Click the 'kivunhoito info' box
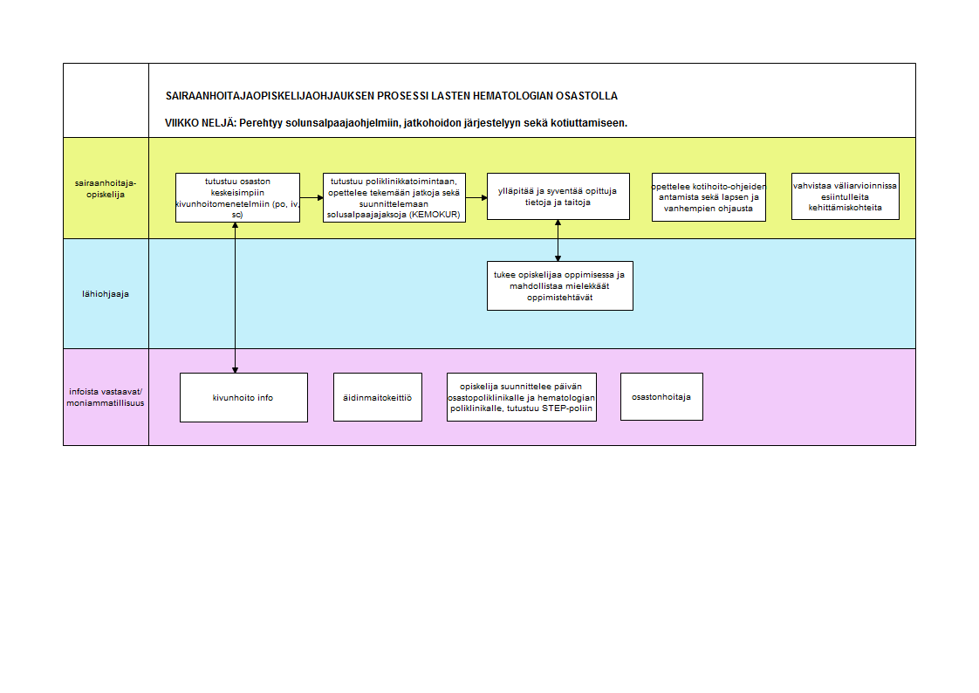[x=243, y=398]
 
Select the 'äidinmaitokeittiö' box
[x=378, y=397]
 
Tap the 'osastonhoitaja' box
[x=661, y=397]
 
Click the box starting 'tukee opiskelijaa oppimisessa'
[x=560, y=286]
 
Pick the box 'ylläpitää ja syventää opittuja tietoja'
[x=558, y=196]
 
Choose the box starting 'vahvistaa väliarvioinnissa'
[x=845, y=196]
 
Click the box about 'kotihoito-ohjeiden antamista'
[x=709, y=197]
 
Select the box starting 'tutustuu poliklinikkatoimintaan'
[x=394, y=198]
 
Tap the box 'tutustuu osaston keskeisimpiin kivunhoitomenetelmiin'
[x=238, y=198]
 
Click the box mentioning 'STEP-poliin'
[x=521, y=397]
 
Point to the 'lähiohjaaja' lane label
[x=106, y=294]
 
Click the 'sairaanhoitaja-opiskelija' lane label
[x=106, y=189]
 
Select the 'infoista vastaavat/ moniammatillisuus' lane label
[x=106, y=397]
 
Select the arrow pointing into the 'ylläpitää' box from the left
[x=476, y=198]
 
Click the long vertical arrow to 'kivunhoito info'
[x=236, y=298]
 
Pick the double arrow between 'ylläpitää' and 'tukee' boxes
[x=558, y=240]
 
